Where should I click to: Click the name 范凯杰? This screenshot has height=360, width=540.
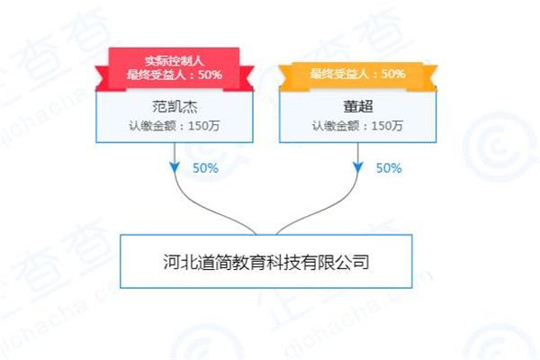click(175, 106)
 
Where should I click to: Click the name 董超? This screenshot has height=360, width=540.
click(358, 106)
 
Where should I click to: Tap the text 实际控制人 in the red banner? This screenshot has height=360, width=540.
click(175, 61)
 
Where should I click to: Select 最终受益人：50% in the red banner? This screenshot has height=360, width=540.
click(175, 75)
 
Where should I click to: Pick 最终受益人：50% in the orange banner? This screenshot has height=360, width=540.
click(358, 74)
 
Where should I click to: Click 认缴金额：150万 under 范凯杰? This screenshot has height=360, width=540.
click(175, 126)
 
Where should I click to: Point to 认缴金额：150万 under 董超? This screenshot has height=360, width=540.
click(357, 126)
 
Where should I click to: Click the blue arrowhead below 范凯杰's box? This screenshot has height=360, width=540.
click(175, 167)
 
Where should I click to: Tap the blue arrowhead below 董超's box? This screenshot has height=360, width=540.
click(358, 167)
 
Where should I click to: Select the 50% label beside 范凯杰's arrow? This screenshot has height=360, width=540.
click(205, 168)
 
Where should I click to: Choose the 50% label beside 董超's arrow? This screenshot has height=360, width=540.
click(389, 168)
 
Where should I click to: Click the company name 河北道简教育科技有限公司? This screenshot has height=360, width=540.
click(266, 262)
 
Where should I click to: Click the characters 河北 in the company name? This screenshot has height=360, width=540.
click(181, 262)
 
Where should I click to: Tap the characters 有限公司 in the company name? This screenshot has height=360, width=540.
click(335, 262)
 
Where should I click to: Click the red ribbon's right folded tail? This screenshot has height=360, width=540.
click(244, 78)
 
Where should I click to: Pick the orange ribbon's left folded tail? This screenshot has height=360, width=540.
click(287, 78)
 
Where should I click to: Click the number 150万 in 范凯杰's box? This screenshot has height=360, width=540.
click(204, 126)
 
